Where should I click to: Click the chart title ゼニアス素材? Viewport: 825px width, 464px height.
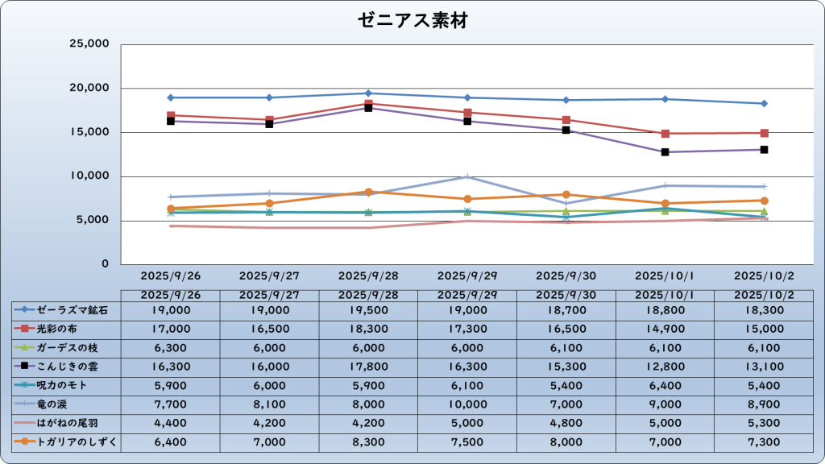pos(412,20)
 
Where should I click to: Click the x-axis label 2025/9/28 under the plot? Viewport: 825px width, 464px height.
pos(368,275)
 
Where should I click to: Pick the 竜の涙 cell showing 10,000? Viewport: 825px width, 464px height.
pos(467,404)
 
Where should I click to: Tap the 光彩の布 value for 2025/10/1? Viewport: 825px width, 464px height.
pos(665,329)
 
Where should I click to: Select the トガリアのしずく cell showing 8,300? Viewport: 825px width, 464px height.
pos(368,441)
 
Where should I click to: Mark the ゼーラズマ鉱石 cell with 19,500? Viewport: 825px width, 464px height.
pos(368,309)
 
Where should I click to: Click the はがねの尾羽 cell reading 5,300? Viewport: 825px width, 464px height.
pos(764,422)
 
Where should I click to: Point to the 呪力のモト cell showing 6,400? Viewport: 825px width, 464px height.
pos(665,385)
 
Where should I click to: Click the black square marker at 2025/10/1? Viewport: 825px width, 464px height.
pos(665,152)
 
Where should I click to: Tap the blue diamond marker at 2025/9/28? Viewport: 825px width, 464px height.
pos(368,93)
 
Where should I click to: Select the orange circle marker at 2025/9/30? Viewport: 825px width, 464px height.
pos(566,194)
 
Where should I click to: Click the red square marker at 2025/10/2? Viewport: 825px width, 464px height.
pos(764,133)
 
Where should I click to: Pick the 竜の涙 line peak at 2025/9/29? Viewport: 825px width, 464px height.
pos(467,176)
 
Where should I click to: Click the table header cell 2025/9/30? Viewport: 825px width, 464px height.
pos(566,295)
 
